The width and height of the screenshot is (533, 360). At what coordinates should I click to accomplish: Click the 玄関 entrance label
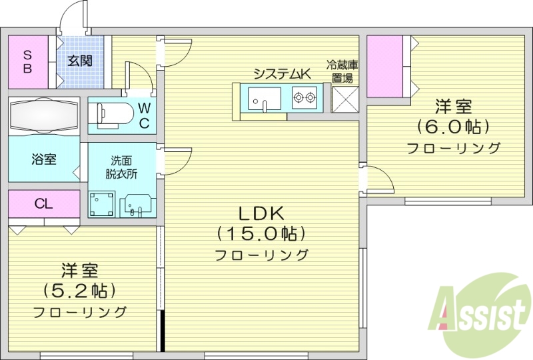[x=79, y=61]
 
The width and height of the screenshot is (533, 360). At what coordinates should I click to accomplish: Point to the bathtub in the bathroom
[x=44, y=115]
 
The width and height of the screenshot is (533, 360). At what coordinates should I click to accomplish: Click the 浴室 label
[x=43, y=159]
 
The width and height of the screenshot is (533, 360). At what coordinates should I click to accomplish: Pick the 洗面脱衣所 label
[x=121, y=166]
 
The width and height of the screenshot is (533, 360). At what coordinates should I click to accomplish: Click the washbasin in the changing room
[x=137, y=205]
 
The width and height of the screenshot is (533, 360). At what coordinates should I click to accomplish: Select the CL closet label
[x=44, y=204]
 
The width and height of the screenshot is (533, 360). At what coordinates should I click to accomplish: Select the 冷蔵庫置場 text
[x=342, y=71]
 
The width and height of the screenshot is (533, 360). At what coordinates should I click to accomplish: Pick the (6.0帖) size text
[x=454, y=126]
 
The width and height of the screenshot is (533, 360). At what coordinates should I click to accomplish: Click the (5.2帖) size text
[x=79, y=291]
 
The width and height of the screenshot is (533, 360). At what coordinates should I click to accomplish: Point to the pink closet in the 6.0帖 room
[x=386, y=66]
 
